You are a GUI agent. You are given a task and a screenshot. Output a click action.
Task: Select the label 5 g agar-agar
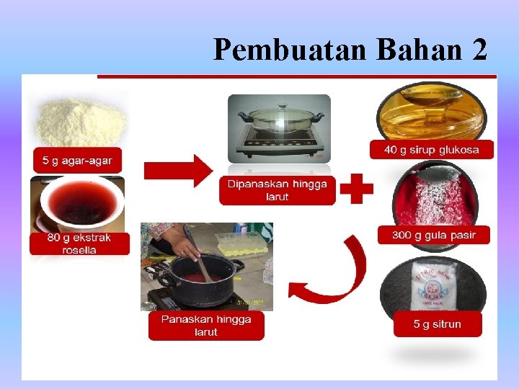pyautogui.click(x=77, y=159)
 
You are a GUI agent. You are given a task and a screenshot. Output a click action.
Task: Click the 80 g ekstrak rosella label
pyautogui.click(x=79, y=243)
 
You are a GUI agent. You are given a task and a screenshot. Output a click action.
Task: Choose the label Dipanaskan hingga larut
pyautogui.click(x=278, y=190)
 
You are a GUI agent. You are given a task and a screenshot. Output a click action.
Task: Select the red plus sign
pyautogui.click(x=356, y=190)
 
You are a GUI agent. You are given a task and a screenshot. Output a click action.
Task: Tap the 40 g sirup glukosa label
pyautogui.click(x=432, y=149)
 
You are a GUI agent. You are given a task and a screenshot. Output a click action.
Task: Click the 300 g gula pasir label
pyautogui.click(x=433, y=235)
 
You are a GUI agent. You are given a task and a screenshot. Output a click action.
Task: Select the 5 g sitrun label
pyautogui.click(x=437, y=324)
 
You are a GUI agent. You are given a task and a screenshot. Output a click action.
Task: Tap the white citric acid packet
pyautogui.click(x=431, y=289)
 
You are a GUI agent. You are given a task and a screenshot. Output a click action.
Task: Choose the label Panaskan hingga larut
pyautogui.click(x=206, y=326)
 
